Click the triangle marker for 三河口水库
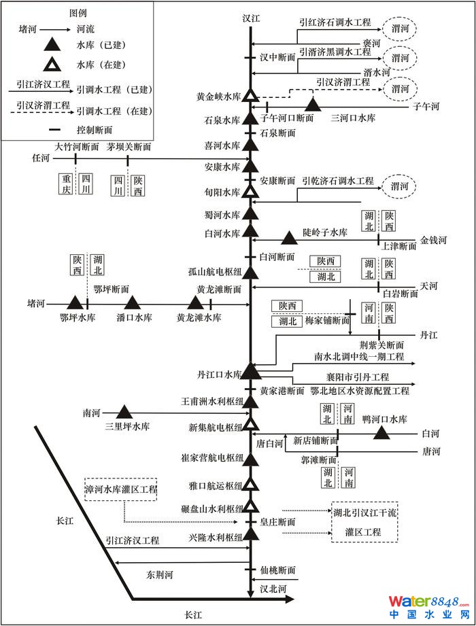click(x=312, y=105)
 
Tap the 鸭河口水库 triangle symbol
click(x=380, y=432)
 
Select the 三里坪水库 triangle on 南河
click(x=124, y=411)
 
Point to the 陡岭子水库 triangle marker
click(x=290, y=238)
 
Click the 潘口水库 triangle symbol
click(x=132, y=302)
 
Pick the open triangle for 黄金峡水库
click(x=251, y=97)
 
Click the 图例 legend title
click(x=78, y=12)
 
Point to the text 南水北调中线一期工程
click(x=359, y=356)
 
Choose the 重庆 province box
click(x=65, y=184)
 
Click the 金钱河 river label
click(x=433, y=240)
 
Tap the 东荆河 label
click(x=160, y=574)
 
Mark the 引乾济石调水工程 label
click(x=338, y=181)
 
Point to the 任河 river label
click(x=41, y=158)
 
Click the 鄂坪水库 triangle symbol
click(x=75, y=302)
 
